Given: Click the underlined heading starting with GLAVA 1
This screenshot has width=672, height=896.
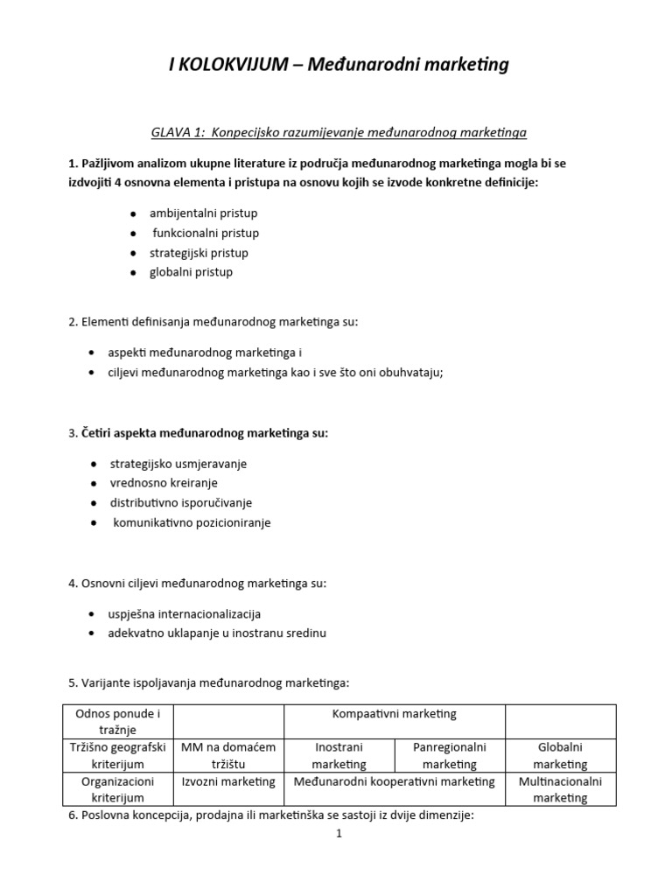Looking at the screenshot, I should click(339, 132).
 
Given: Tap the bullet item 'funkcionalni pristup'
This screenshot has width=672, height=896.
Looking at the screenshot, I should click(206, 233).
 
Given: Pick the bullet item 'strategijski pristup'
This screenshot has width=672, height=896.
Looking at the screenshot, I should click(199, 253).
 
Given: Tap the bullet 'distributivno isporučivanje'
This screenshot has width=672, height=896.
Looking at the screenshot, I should click(182, 503).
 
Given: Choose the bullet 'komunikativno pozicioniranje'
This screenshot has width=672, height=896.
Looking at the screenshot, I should click(192, 522).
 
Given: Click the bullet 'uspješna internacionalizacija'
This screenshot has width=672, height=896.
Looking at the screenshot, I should click(184, 613).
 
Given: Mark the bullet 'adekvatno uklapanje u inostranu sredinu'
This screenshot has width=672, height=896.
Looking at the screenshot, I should click(216, 633).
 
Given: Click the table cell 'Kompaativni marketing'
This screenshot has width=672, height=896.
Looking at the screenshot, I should click(394, 714).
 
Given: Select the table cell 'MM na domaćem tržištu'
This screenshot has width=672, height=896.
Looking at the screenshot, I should click(228, 756).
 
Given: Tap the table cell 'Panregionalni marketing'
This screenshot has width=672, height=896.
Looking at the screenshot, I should click(449, 756).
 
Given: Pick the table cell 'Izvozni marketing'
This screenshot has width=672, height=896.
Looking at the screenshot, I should click(228, 781).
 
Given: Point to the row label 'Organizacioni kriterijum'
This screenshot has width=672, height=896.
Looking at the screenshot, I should click(117, 789).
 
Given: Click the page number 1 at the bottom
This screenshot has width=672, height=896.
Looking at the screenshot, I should click(339, 834).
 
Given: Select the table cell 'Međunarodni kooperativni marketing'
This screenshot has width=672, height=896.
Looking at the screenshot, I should click(394, 781).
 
